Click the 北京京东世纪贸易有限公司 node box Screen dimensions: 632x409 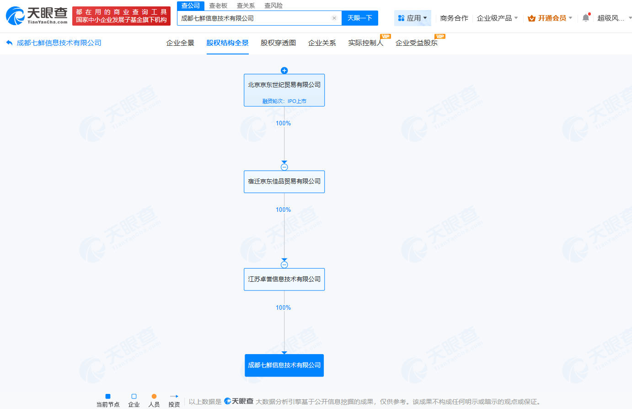tap(284, 90)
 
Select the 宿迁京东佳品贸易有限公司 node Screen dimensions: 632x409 tap(284, 182)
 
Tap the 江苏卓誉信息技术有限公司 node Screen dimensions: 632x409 tap(284, 279)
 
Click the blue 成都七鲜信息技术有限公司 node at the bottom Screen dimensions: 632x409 tap(284, 365)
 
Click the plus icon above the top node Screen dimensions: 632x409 tap(284, 70)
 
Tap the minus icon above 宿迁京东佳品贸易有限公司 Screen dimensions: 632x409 tap(284, 167)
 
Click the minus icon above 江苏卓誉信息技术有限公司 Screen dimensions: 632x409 tap(284, 265)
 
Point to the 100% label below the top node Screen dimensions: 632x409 tap(283, 124)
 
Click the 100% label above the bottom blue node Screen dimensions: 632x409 tap(283, 308)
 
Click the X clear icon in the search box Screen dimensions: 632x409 tap(334, 18)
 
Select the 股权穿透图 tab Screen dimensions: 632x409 tap(278, 43)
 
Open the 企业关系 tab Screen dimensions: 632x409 tap(322, 43)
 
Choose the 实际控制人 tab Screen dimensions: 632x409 tap(366, 43)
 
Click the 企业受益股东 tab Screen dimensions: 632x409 tap(417, 43)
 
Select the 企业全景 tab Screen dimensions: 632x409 tap(180, 43)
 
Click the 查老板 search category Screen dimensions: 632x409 tap(218, 5)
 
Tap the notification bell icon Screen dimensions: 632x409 tap(586, 18)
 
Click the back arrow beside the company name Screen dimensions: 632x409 tap(9, 43)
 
